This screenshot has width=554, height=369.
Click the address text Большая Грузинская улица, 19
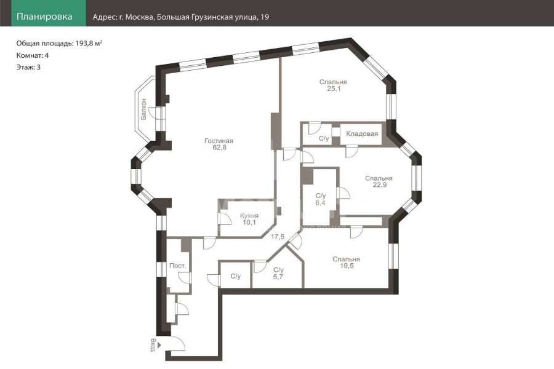click(213, 17)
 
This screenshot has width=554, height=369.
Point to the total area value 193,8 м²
click(89, 44)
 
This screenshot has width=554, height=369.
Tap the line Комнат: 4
click(33, 55)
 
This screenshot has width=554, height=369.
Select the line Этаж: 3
click(28, 67)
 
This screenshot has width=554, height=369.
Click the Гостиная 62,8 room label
click(219, 144)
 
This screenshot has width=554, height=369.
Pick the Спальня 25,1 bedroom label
click(333, 85)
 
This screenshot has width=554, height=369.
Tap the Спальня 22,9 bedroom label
click(379, 181)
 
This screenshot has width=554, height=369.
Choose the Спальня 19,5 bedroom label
click(346, 263)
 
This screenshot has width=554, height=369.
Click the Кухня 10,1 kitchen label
click(249, 219)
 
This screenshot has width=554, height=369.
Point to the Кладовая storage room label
click(362, 134)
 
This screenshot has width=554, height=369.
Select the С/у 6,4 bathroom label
click(321, 199)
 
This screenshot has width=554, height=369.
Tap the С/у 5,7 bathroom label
click(278, 273)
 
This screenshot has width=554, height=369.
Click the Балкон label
click(143, 109)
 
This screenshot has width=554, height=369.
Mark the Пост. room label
click(178, 266)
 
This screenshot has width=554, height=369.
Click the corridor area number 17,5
click(278, 237)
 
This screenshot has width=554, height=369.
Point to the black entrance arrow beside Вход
click(159, 344)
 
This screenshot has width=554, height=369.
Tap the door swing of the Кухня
click(224, 219)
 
